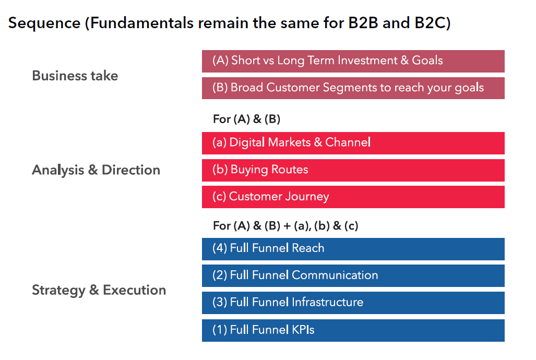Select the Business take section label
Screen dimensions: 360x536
75,76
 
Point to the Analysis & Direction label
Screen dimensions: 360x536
96,170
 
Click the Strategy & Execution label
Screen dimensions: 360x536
99,290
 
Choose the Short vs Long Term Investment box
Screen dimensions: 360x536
353,61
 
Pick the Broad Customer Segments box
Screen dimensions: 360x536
353,88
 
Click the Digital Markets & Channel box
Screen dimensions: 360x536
353,143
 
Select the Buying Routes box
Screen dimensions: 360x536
353,170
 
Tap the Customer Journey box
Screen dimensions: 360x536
353,197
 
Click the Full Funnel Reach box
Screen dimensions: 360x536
353,249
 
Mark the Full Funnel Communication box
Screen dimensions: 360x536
353,275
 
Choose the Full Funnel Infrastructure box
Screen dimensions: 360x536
353,303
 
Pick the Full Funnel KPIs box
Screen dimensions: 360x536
353,330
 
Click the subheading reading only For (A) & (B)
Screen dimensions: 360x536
246,119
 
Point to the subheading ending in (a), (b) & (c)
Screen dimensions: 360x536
285,226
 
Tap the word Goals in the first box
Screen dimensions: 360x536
427,61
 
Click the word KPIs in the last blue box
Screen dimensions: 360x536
303,330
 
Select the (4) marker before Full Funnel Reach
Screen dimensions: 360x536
220,248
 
